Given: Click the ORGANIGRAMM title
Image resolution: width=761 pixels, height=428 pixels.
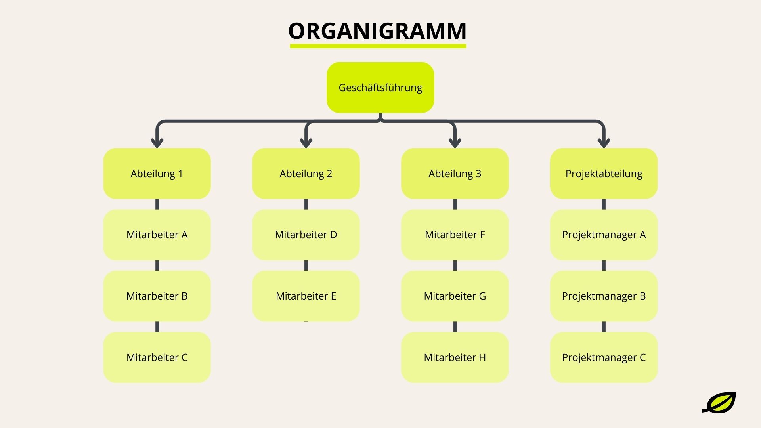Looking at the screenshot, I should pos(377,31).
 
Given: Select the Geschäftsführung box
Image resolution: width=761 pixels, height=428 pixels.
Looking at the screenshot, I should pos(380,88).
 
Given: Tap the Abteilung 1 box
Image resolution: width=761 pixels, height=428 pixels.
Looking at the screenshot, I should pos(157,174).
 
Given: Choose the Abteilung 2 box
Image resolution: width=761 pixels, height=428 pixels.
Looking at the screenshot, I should pos(306,174).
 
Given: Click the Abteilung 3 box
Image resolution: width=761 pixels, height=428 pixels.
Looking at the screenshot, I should pos(455,174).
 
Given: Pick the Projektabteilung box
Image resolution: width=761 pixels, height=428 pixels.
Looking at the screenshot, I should pos(604,174).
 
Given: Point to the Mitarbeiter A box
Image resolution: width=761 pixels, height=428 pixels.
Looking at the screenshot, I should pos(157,235).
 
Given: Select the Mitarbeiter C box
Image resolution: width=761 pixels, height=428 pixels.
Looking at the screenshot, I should pos(157,357).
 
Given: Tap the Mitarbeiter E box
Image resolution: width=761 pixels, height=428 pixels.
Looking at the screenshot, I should pos(306,296).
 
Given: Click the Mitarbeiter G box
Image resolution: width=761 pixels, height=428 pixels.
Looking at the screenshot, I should pos(455,296).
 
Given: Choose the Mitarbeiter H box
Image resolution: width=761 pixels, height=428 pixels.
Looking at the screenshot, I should pos(455,357).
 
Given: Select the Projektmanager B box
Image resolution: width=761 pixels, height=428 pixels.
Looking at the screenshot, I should pos(604,296).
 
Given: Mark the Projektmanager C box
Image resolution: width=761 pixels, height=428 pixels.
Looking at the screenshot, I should pos(604,357).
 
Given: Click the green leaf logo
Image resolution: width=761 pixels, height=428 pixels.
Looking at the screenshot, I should pos(719,403).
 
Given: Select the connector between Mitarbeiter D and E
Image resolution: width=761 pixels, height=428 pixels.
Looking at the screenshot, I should pos(306,266).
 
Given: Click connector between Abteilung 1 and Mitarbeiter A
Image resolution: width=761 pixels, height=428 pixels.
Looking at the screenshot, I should pos(157,204).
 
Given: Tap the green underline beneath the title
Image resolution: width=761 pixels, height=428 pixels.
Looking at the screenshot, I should pos(377,46).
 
